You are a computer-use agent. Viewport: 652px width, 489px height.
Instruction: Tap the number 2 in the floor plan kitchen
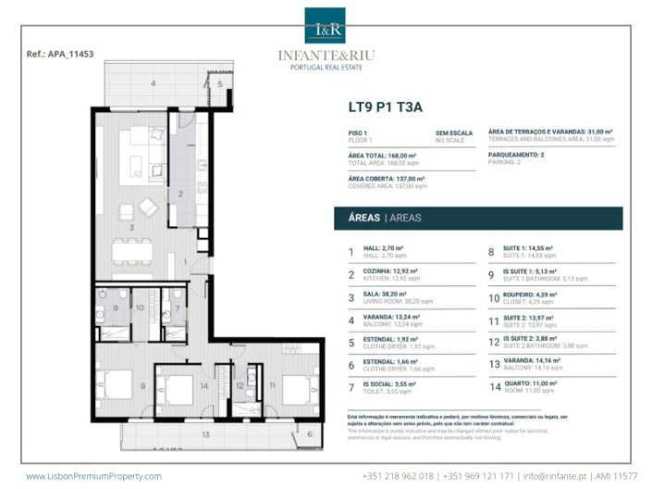tap(181, 194)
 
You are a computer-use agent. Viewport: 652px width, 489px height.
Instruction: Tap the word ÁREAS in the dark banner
tap(361, 219)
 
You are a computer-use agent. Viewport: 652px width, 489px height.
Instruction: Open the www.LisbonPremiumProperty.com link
tap(93, 476)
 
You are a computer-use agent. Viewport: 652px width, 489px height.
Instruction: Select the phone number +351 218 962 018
tap(398, 476)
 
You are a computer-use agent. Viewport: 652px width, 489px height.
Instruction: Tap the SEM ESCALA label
tap(454, 133)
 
